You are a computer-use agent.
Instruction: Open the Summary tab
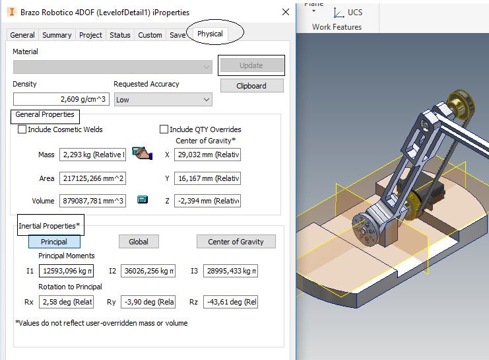pos(57,35)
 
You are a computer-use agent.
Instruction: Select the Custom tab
pos(150,35)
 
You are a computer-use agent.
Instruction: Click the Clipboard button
pos(251,86)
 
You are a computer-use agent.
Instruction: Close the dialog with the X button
pos(285,12)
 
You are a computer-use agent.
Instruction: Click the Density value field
pos(61,99)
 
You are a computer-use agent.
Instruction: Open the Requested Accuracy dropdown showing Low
pos(163,99)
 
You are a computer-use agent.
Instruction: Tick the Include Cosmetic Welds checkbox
pos(22,129)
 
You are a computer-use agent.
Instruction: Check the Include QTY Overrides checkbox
pos(164,129)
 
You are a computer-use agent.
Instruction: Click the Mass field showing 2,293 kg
pos(92,155)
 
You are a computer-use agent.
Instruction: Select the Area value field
pos(92,179)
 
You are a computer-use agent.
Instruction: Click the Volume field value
pos(92,201)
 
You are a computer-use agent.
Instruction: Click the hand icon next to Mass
pos(141,153)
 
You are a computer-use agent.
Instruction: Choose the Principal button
pos(54,242)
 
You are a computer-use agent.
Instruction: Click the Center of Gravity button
pos(236,242)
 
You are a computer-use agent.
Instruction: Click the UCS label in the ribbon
pos(354,13)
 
